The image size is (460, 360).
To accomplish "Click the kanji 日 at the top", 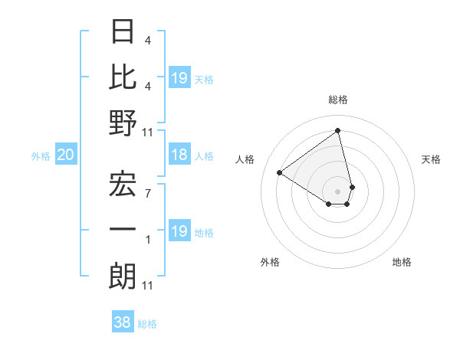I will coord(123,32).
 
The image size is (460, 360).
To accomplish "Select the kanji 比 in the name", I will coord(123,77).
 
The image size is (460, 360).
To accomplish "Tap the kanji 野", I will coord(123,123).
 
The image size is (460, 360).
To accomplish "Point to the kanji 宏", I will coord(123,184).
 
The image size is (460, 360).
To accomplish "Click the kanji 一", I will coord(123,230).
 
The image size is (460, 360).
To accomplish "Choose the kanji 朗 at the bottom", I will coord(123,276).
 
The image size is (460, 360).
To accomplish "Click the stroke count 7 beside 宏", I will coord(148,193).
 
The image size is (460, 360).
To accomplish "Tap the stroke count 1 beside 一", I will coord(148,240).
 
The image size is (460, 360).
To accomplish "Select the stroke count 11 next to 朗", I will coord(148,286).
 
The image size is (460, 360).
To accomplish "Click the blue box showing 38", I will coord(123,322).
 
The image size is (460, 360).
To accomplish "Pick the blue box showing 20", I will coord(66,155).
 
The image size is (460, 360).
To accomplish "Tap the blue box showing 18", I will coord(179,155).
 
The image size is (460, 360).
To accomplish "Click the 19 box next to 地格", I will coord(179,231).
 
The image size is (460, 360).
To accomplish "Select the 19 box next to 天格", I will coord(179,77).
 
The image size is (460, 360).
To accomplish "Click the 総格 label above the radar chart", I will coord(338,100).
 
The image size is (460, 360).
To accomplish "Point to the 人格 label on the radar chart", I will coord(245,159).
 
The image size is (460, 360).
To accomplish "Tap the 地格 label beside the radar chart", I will coord(402,262).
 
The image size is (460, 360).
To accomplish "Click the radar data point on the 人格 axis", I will coord(280,173).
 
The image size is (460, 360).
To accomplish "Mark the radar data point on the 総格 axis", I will coord(338,130).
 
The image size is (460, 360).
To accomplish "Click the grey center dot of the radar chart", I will coord(338,190).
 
